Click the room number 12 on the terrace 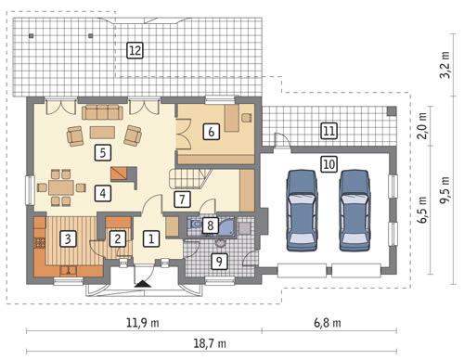[135, 50]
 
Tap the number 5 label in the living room [103, 153]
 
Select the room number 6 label [212, 132]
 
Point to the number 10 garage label [329, 164]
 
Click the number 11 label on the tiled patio [329, 131]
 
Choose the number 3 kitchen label [68, 238]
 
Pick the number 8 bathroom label [211, 225]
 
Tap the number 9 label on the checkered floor [219, 262]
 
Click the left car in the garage [302, 210]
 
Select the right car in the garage [354, 210]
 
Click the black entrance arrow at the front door [143, 284]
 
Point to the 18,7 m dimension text [210, 343]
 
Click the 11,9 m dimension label [143, 323]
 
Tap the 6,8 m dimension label [328, 323]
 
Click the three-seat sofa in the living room [102, 112]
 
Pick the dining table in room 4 [61, 187]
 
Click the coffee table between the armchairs [102, 132]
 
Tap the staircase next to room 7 [189, 178]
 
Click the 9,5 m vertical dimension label [445, 190]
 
